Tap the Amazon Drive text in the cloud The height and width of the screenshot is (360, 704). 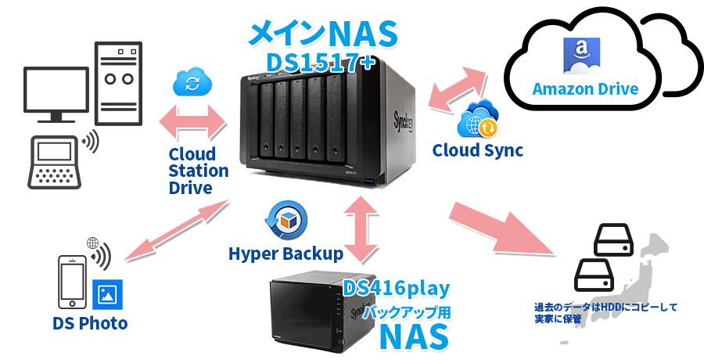585,88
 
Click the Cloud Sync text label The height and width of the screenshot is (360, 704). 477,149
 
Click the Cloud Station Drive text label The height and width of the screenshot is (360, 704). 198,171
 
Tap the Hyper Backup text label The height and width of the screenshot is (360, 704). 286,254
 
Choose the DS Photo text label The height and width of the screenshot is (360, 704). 90,323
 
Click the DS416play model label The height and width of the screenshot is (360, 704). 397,289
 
